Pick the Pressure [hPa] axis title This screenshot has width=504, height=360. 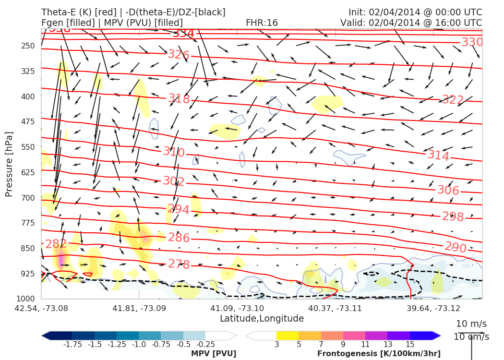point(9,164)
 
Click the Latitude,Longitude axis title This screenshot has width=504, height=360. point(262,319)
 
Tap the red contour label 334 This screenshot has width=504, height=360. point(183,34)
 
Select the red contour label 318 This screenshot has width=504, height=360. point(179,99)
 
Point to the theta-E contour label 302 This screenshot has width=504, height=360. point(174,181)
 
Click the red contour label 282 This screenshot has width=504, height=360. point(56,244)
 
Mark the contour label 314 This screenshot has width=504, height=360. point(438,156)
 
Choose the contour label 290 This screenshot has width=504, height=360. point(456,247)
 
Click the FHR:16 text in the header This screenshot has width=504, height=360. point(262,23)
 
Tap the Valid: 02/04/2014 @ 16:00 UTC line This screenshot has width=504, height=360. point(411,23)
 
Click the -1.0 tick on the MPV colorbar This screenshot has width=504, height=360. point(139,345)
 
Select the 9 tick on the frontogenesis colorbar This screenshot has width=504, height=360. point(343,345)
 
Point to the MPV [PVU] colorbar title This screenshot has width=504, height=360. point(213,354)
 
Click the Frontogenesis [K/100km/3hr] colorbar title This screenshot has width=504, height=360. point(379,354)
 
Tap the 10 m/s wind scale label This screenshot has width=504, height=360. point(471,324)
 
